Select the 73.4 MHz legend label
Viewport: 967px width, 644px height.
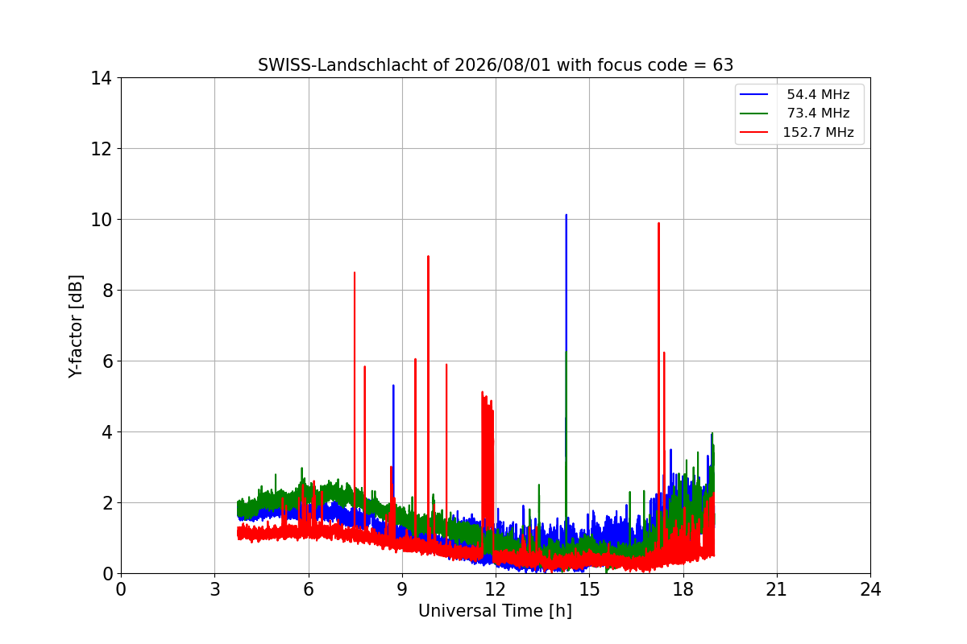818,113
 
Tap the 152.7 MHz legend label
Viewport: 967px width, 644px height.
818,132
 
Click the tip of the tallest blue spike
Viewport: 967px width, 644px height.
566,215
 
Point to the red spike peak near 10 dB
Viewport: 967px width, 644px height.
658,224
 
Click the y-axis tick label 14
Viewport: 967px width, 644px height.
101,79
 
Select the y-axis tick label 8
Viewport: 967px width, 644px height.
107,291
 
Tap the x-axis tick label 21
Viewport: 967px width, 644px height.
777,589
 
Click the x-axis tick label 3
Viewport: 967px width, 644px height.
215,589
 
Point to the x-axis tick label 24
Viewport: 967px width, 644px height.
870,589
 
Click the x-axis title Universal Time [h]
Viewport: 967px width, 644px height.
495,611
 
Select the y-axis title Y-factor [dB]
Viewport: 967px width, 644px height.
75,327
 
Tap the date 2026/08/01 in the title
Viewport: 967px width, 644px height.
503,65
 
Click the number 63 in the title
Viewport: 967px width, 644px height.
723,65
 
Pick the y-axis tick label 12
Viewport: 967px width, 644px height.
101,149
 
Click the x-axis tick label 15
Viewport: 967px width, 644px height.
589,589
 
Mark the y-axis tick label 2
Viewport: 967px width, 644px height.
107,503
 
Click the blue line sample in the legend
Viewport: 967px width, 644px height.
753,94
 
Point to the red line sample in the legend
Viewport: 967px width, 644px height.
753,132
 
